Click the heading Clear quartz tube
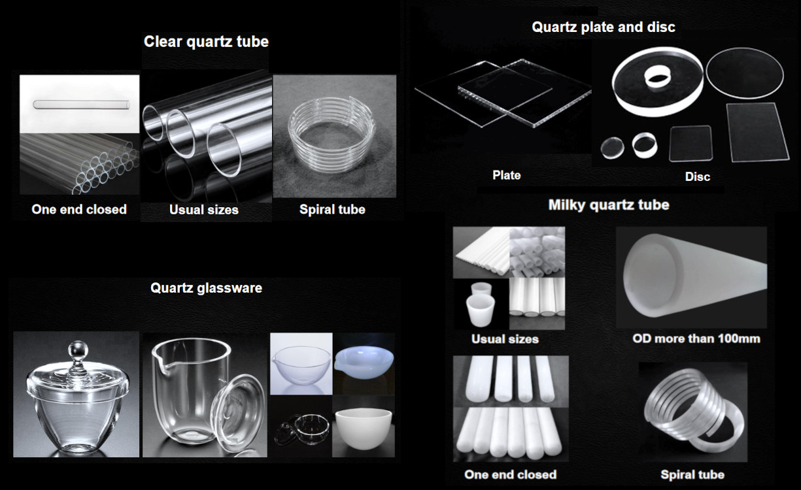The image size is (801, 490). [x=206, y=42]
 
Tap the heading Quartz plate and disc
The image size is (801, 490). [x=604, y=27]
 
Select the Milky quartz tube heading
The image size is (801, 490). [x=608, y=204]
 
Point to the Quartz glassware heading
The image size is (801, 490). [x=206, y=287]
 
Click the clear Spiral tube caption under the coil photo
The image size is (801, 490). [x=332, y=210]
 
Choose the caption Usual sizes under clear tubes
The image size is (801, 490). [x=203, y=210]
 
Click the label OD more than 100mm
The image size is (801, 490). [x=696, y=338]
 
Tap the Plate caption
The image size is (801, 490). [x=506, y=175]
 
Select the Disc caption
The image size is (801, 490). [x=697, y=176]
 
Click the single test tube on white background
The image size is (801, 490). [x=79, y=104]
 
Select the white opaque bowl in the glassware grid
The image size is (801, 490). [x=363, y=428]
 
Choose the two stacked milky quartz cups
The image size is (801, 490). [x=481, y=304]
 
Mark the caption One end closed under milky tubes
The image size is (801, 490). [x=510, y=474]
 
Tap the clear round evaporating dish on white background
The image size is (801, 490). [x=301, y=363]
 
